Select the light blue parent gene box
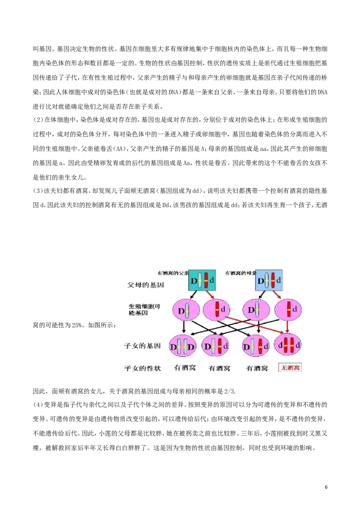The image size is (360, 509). (x=269, y=280)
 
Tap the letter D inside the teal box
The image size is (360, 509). (x=194, y=281)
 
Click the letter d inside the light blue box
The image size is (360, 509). (x=279, y=280)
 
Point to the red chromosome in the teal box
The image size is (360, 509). (x=206, y=280)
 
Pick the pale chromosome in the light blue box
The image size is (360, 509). (x=267, y=280)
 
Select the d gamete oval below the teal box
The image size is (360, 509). (x=216, y=310)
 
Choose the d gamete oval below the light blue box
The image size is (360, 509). (x=288, y=310)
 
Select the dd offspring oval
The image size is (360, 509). (x=288, y=346)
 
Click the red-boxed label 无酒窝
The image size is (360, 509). (x=290, y=368)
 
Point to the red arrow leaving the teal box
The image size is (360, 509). (x=210, y=295)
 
